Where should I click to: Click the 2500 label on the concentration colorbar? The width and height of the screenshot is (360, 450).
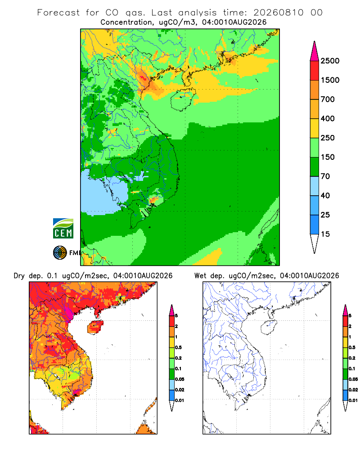tap(330, 61)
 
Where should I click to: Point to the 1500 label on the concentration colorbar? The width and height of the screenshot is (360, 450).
tap(330, 80)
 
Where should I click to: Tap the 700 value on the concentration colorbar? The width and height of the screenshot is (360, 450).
tap(328, 99)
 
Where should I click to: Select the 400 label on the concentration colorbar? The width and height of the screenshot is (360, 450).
tap(328, 118)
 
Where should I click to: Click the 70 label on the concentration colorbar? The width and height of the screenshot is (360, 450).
tap(325, 176)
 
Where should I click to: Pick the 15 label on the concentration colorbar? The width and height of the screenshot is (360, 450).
tap(325, 234)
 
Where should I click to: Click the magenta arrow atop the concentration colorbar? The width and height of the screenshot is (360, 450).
tap(315, 51)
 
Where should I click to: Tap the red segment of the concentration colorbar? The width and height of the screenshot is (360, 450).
tap(315, 71)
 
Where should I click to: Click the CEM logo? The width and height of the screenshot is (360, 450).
tap(63, 229)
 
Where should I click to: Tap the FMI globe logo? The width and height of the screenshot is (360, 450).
tap(60, 253)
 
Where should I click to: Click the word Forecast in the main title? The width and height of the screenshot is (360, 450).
tap(58, 13)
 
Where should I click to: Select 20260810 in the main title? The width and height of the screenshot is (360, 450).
tap(278, 13)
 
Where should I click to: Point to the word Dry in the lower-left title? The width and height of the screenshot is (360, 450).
tap(19, 276)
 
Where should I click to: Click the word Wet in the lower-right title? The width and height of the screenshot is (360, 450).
tap(200, 276)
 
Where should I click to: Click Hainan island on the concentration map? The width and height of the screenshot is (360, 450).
tap(183, 99)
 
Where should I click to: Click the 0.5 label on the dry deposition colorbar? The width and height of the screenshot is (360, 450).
tap(178, 347)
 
